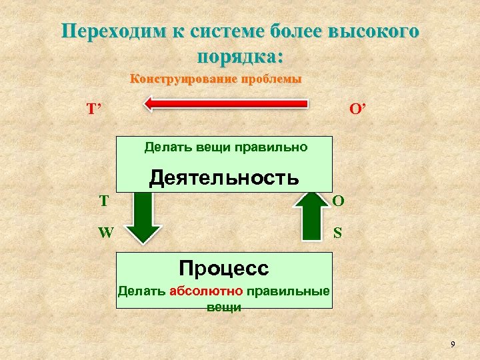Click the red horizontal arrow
(x=227, y=103)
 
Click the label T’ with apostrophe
(x=93, y=109)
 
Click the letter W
(x=105, y=233)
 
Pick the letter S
(x=338, y=233)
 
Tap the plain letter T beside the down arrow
(x=104, y=200)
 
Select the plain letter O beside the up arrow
(x=339, y=201)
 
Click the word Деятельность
(x=224, y=177)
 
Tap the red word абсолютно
(x=207, y=291)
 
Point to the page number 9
(x=453, y=344)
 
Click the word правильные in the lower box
(x=288, y=291)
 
